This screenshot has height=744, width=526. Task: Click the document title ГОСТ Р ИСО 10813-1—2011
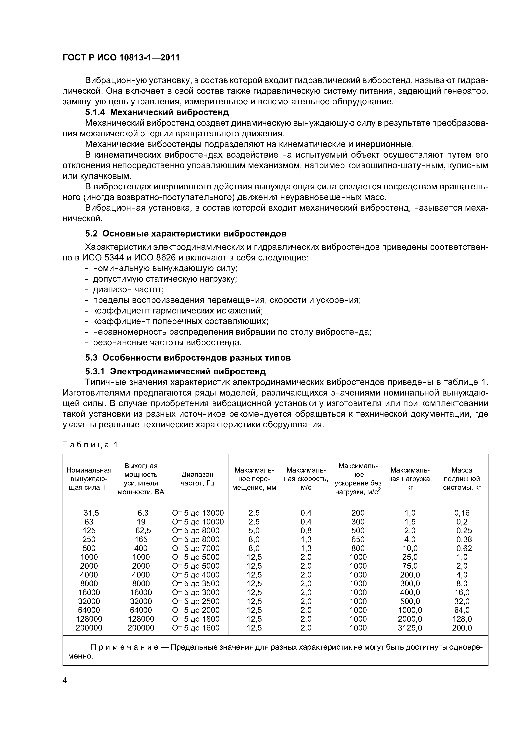click(x=120, y=58)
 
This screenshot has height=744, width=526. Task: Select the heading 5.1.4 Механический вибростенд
click(x=157, y=112)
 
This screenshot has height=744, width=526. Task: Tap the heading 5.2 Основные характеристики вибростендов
click(x=186, y=234)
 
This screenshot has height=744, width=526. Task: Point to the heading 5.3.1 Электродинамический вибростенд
click(x=175, y=371)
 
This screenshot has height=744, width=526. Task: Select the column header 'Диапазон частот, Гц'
click(x=197, y=479)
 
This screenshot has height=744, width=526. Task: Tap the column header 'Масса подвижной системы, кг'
click(x=462, y=479)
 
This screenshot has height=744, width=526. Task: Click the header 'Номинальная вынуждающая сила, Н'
click(x=89, y=479)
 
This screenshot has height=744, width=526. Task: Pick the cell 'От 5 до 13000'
click(x=198, y=513)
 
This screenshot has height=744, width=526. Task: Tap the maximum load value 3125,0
click(x=410, y=628)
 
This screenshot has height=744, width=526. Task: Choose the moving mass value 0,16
click(x=462, y=513)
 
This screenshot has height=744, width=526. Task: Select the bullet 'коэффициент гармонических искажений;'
click(x=178, y=311)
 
